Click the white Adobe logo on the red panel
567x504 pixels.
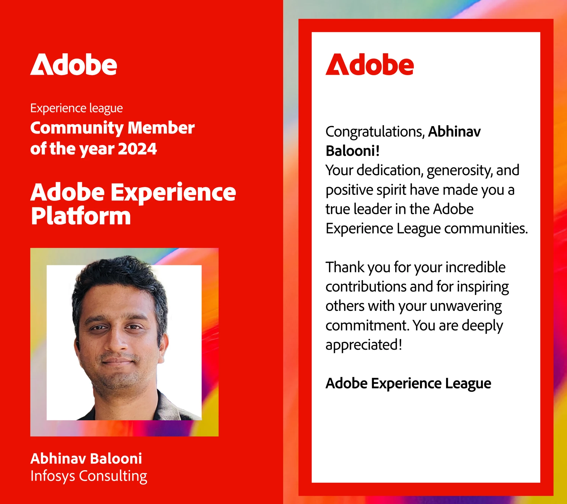pyautogui.click(x=74, y=64)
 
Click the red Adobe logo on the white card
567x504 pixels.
pyautogui.click(x=369, y=64)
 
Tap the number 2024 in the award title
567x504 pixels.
pyautogui.click(x=137, y=149)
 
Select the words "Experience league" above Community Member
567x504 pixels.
pyautogui.click(x=76, y=108)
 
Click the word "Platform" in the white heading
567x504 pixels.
pyautogui.click(x=81, y=216)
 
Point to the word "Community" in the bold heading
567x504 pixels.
pyautogui.click(x=77, y=129)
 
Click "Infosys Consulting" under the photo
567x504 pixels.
pyautogui.click(x=89, y=476)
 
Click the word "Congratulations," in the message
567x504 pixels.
pyautogui.click(x=375, y=132)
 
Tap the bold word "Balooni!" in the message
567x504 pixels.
pyautogui.click(x=353, y=151)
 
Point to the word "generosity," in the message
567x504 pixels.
pyautogui.click(x=460, y=171)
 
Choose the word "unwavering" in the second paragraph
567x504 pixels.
pyautogui.click(x=466, y=306)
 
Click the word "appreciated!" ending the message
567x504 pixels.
pyautogui.click(x=364, y=345)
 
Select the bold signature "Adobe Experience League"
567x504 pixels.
pyautogui.click(x=408, y=383)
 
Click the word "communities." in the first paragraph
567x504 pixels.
pyautogui.click(x=486, y=229)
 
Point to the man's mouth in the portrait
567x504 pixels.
pyautogui.click(x=118, y=360)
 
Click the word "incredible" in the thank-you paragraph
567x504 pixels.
pyautogui.click(x=475, y=267)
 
